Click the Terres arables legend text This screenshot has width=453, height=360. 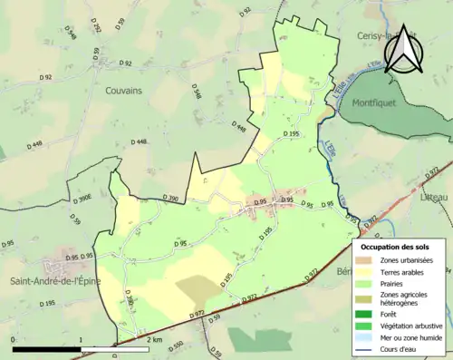402,271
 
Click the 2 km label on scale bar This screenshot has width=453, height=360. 154,339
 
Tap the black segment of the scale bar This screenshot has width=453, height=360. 46,347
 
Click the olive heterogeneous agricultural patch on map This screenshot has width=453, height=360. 198,289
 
